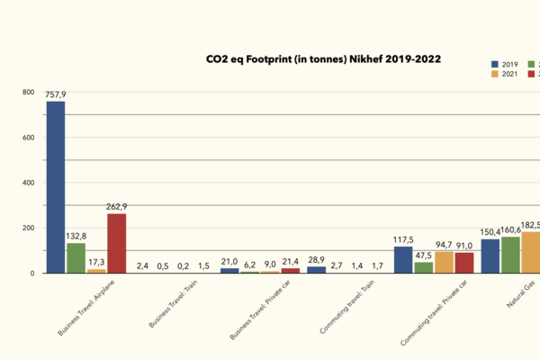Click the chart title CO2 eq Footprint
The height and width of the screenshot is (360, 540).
323,58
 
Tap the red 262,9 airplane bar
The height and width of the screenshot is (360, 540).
117,243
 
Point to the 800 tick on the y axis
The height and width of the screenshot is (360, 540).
28,93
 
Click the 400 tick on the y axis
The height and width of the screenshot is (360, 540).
28,183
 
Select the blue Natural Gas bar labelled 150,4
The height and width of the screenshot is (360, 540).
490,256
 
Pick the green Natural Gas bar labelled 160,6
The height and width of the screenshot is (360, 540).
510,255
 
